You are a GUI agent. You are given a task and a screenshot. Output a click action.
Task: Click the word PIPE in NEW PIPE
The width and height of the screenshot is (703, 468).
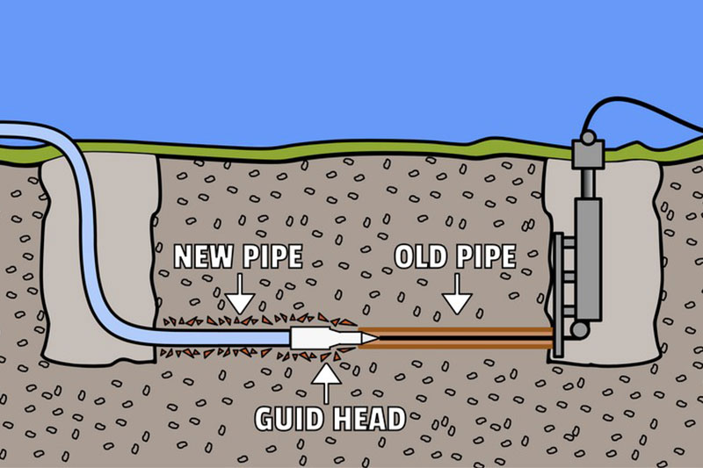(271, 256)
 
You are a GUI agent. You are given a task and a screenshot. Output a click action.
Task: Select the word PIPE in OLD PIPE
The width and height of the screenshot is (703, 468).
(483, 256)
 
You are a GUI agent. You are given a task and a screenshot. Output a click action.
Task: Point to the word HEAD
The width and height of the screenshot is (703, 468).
(367, 418)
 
